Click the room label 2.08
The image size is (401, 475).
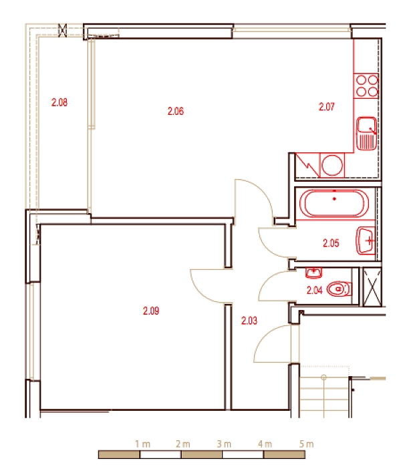click(x=59, y=102)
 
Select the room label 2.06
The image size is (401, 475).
click(x=176, y=111)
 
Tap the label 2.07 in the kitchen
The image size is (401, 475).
click(x=327, y=107)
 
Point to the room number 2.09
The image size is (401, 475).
click(x=151, y=311)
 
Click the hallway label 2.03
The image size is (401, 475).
click(x=249, y=321)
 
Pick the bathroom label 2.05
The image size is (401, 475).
click(x=331, y=243)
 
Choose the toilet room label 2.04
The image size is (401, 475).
click(x=315, y=291)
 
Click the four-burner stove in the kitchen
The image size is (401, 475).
click(x=366, y=86)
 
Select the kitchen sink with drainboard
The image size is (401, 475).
click(x=367, y=134)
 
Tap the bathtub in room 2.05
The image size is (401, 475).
click(x=334, y=203)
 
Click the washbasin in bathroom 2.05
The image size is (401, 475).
click(x=366, y=241)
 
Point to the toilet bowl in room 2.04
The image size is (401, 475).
click(x=340, y=289)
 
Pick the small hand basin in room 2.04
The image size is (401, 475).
click(x=313, y=273)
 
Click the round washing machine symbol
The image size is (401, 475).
click(x=332, y=165)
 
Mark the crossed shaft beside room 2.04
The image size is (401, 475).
click(x=372, y=287)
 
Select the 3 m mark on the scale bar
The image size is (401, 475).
click(x=224, y=444)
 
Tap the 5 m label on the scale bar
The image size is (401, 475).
click(x=307, y=444)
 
